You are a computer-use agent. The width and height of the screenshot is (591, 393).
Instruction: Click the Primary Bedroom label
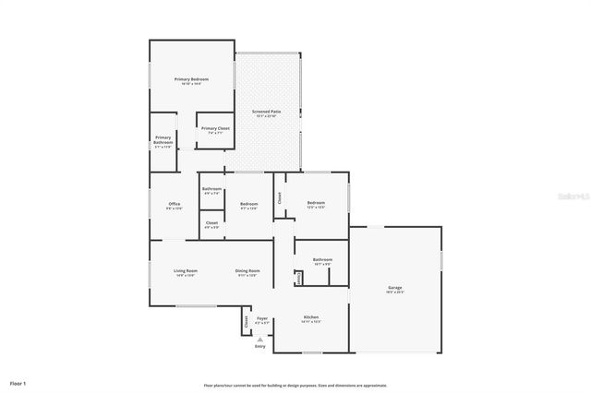coord(192,80)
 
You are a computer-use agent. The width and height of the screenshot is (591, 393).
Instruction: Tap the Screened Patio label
coord(267,112)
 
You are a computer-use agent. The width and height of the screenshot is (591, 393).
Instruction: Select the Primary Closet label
coord(216,128)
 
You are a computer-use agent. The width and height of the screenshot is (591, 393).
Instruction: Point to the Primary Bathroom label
coord(163,141)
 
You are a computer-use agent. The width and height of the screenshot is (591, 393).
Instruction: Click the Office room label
coord(174,204)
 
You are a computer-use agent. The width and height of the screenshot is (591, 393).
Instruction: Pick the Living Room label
coord(186,271)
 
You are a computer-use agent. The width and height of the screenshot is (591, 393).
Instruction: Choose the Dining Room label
coord(247,271)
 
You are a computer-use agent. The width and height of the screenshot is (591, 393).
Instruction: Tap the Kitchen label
coord(311,318)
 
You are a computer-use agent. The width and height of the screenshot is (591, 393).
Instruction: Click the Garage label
coord(394,289)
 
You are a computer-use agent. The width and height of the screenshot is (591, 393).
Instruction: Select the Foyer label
coord(262,319)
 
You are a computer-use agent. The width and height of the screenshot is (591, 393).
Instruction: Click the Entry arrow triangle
coord(259,339)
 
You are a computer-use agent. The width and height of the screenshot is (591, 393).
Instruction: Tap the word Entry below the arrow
coord(259,346)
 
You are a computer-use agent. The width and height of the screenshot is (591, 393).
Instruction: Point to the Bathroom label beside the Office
coord(211,190)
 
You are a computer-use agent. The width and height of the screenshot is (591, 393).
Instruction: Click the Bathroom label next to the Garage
coord(322,260)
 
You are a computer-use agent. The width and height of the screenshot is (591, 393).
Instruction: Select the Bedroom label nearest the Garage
coord(316,203)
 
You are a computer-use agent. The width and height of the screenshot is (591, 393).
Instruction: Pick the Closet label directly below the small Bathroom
coord(211,223)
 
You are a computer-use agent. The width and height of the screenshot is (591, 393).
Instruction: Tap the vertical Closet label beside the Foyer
coord(247,322)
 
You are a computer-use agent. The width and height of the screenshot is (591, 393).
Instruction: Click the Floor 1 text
coord(18,382)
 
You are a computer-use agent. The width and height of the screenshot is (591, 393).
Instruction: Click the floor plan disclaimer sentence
coord(295,386)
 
